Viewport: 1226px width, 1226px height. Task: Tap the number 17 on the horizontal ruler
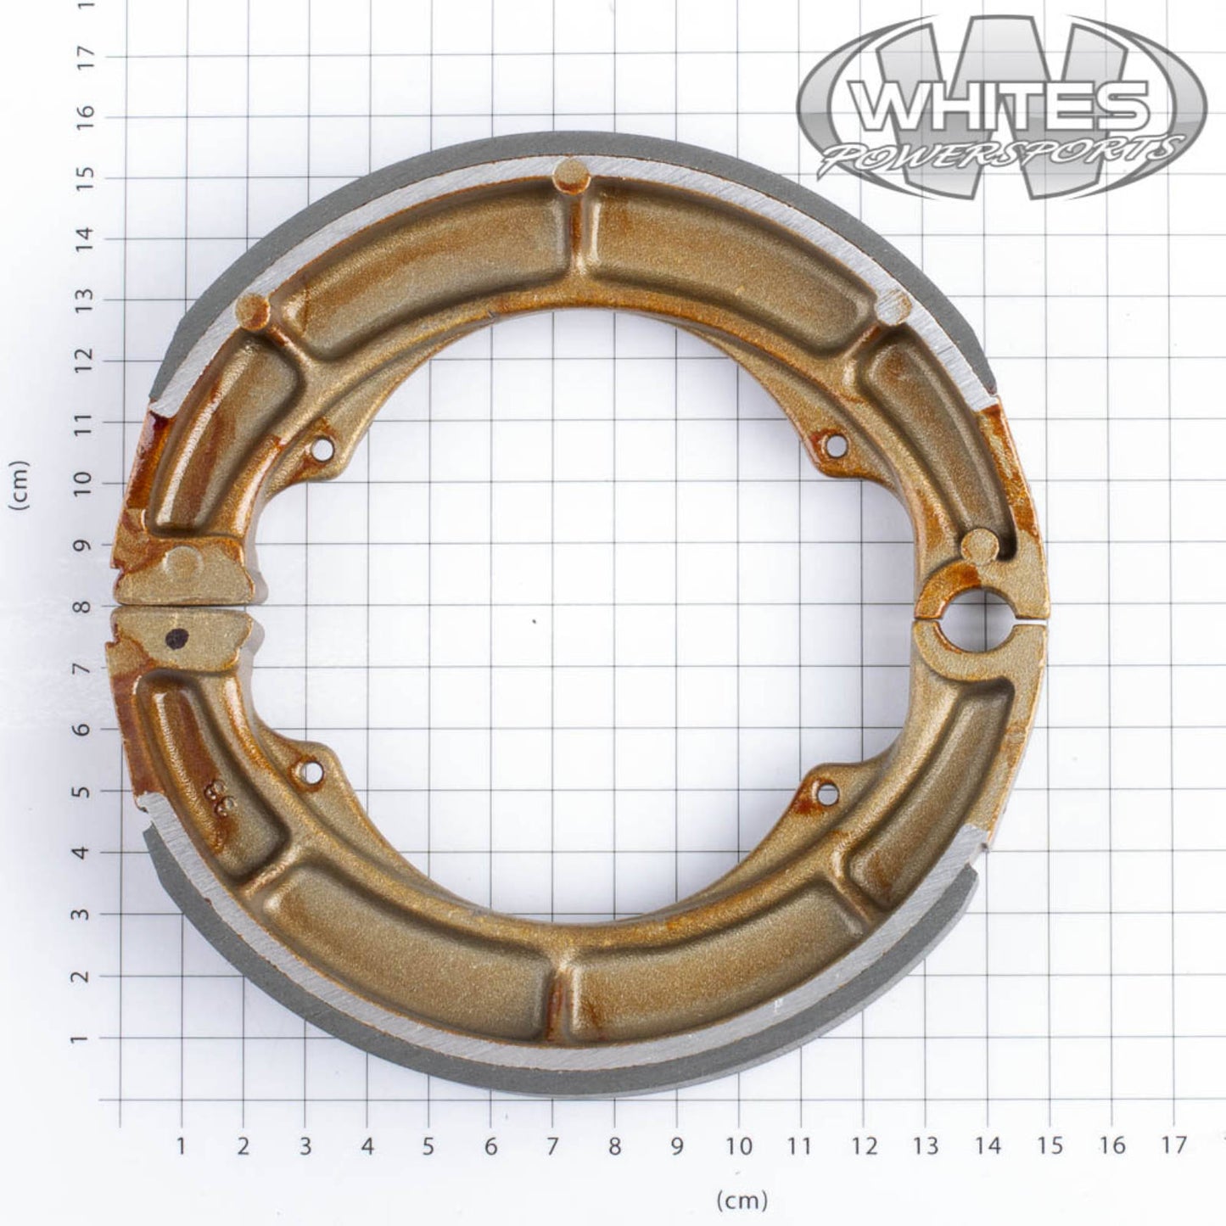[x=1173, y=1146]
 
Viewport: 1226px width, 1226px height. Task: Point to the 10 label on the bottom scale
[x=739, y=1146]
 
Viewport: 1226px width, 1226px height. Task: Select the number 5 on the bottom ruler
[x=428, y=1146]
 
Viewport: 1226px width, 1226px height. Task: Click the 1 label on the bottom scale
[x=181, y=1146]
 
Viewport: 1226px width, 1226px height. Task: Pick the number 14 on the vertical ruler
[x=84, y=239]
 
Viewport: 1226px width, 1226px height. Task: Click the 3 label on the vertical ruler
[x=84, y=915]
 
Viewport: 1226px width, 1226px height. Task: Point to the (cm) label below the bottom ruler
[x=742, y=1200]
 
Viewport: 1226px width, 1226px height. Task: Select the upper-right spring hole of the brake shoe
[x=834, y=444]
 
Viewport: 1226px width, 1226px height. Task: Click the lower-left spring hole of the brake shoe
[x=311, y=772]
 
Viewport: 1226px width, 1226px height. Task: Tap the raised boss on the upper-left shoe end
[x=184, y=562]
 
